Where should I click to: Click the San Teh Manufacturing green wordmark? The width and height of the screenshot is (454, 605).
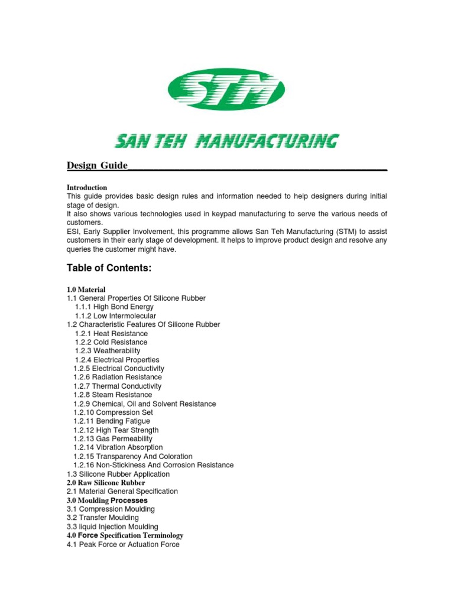226,141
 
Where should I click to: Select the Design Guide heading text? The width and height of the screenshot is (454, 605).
98,165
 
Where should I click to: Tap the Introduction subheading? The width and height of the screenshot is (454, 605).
87,187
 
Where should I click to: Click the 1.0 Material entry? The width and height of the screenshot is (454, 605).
86,290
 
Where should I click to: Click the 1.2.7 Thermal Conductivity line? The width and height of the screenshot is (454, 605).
117,386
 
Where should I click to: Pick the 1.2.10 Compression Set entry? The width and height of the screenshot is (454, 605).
113,412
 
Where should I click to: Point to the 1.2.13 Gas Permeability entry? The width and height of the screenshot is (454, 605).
112,438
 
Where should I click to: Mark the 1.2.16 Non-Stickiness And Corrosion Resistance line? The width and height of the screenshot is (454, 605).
153,465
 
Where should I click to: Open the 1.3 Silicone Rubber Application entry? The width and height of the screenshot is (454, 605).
118,474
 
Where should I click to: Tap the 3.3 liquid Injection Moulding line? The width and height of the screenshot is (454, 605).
112,526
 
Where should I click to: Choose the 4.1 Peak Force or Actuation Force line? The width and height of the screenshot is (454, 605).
123,544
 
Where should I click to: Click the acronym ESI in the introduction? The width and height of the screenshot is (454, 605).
73,231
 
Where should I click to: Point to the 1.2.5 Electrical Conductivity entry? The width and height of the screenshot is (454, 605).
119,368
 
